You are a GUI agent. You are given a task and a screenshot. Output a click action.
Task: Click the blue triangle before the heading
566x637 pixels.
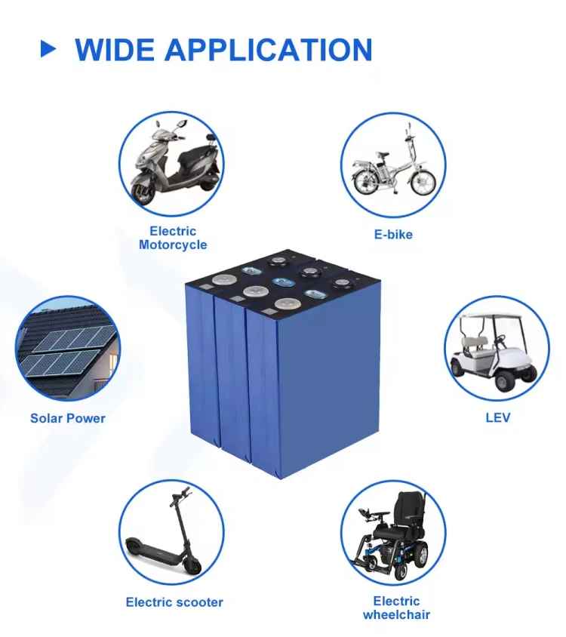pos(48,49)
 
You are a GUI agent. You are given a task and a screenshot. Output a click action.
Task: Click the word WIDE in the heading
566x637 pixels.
pos(114,50)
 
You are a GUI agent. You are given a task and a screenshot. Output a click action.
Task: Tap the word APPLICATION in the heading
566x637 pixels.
pos(268,50)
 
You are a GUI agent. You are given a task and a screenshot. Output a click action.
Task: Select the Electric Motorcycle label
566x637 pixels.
pos(172,238)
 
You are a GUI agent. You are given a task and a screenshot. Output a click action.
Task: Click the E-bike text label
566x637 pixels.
pos(393,235)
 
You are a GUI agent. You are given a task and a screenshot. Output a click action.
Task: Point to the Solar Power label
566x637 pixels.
pos(68,418)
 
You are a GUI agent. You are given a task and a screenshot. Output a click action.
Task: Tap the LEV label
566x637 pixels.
pos(497,417)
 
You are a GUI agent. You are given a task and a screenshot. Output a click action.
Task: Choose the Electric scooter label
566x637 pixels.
pos(174,602)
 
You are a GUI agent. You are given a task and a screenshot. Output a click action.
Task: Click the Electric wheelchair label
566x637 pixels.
pos(396,608)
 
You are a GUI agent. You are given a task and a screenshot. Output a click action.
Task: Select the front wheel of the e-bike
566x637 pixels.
pos(423,181)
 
